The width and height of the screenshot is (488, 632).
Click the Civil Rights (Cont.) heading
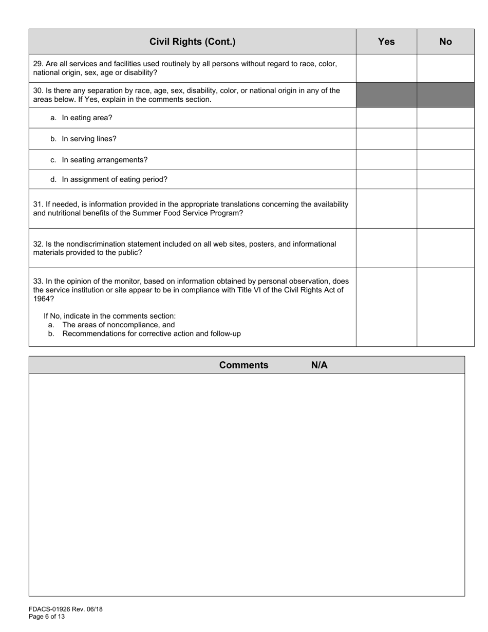[192, 42]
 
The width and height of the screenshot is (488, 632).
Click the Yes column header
[386, 42]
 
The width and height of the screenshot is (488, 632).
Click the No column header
[445, 42]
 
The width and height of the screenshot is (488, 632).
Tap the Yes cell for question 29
[386, 68]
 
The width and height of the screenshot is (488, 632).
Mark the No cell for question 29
[445, 68]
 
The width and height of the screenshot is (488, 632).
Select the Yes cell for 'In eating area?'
[386, 118]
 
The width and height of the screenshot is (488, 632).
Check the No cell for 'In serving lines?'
[445, 139]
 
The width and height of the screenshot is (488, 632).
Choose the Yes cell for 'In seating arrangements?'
[386, 160]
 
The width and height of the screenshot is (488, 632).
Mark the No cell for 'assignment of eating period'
[445, 179]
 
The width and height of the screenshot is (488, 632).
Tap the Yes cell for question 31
[386, 209]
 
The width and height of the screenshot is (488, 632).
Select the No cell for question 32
[445, 248]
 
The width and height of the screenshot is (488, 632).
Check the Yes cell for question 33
[386, 307]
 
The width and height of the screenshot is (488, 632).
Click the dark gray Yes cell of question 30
[386, 95]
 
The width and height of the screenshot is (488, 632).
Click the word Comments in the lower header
[243, 365]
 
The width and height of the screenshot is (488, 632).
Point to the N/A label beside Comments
[319, 365]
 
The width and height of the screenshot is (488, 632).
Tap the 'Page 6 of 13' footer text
[47, 617]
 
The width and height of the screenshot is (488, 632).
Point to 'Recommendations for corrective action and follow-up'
[152, 334]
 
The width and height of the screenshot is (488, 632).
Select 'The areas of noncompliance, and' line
[119, 325]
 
